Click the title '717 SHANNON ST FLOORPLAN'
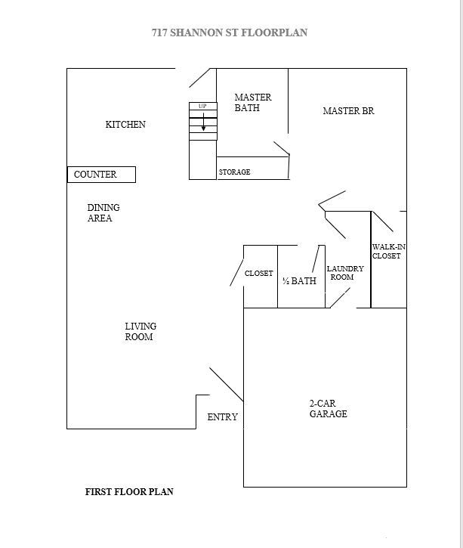(x=230, y=33)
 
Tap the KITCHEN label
(x=125, y=125)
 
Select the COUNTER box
(x=101, y=175)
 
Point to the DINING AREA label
(x=103, y=213)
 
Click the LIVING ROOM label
(x=140, y=332)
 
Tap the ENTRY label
(x=222, y=417)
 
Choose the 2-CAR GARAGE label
(x=329, y=409)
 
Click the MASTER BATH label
(x=252, y=103)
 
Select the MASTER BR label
(x=348, y=111)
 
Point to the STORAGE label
(x=234, y=172)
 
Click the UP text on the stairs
(x=202, y=107)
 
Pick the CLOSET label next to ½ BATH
(x=258, y=274)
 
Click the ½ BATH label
(x=299, y=281)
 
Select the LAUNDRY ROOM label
(x=344, y=273)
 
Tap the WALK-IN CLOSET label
(x=387, y=252)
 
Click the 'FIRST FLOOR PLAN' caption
(x=129, y=492)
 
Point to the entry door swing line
(x=226, y=385)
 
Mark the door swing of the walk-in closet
(x=383, y=221)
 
